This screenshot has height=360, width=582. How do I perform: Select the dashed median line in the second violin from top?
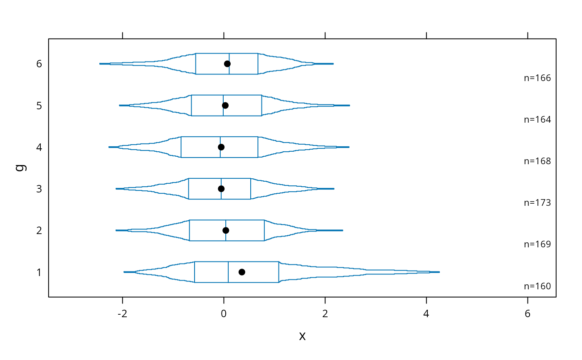[223, 100]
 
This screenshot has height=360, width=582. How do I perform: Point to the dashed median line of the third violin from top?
[220, 141]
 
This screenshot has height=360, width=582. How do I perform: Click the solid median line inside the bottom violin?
[228, 272]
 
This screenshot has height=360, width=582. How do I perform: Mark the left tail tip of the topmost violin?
[100, 64]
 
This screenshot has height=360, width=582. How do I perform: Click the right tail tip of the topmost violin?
[333, 64]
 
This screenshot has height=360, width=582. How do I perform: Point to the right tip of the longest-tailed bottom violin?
[439, 272]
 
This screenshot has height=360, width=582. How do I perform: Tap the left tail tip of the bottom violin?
[124, 272]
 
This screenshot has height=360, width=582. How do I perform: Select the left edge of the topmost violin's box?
[195, 64]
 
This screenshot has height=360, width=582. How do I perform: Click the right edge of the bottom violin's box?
[279, 272]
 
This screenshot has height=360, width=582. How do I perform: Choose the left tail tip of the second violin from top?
[120, 105]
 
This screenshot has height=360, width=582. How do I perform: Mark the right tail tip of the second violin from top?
[349, 105]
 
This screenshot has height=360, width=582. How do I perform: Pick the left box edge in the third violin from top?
[181, 147]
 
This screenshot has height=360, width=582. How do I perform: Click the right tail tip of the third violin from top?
[349, 147]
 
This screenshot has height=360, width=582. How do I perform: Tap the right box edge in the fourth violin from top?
[251, 189]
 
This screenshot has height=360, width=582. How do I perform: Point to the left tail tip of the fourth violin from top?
[116, 189]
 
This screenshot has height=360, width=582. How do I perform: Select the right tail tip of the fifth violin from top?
[343, 230]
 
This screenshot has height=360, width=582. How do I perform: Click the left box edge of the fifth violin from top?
[189, 230]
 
